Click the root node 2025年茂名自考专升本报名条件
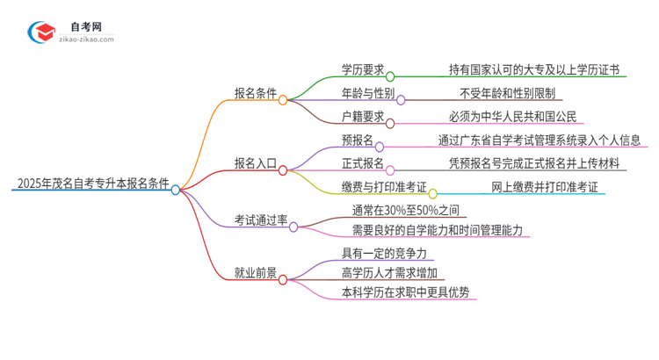(x=91, y=184)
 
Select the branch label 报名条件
(x=256, y=91)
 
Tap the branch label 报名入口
(x=256, y=162)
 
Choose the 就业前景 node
(x=256, y=274)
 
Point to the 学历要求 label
(x=362, y=69)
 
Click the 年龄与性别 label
(x=367, y=92)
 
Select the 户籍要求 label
(x=362, y=116)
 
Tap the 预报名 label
(x=357, y=140)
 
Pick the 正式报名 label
(x=362, y=163)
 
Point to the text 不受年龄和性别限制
(x=507, y=92)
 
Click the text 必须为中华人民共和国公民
(x=512, y=116)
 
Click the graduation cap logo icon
(x=41, y=32)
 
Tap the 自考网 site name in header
(x=84, y=25)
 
